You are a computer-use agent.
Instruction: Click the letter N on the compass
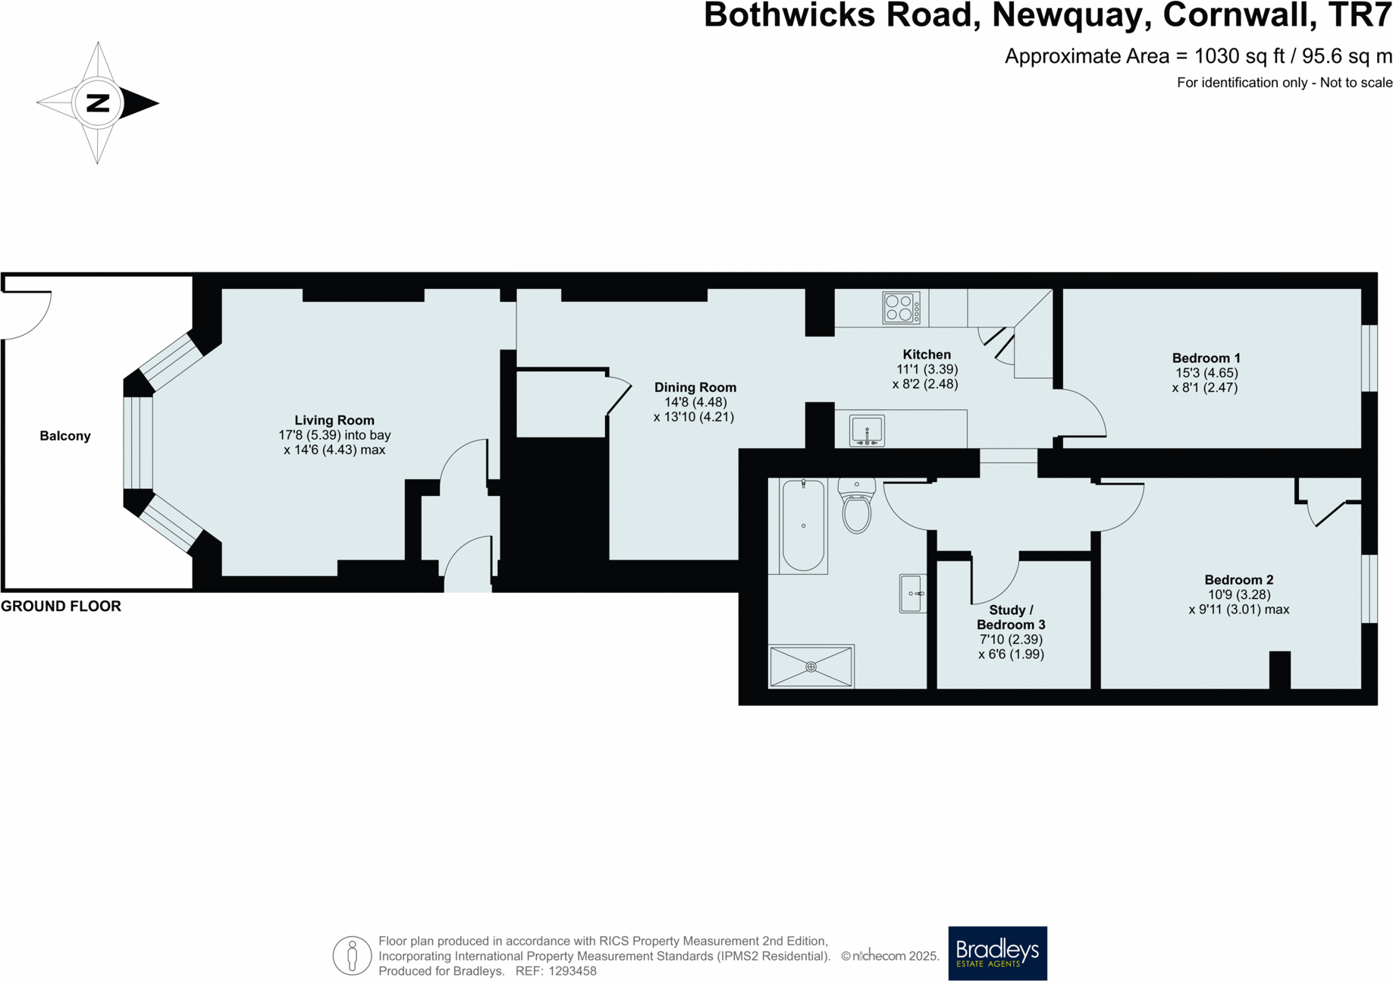click(98, 103)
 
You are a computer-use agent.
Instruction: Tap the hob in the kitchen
click(901, 308)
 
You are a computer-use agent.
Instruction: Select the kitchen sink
click(867, 431)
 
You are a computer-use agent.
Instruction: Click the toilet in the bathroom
click(857, 507)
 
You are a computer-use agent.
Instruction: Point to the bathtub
click(803, 525)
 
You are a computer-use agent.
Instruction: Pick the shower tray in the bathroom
click(811, 666)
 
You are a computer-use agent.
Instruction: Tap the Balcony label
click(65, 436)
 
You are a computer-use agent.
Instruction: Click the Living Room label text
click(334, 420)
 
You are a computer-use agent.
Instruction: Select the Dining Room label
click(695, 387)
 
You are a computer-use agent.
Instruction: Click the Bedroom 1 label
click(1206, 358)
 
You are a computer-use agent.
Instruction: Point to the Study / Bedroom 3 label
click(1011, 617)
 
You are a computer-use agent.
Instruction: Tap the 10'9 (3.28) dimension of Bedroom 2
click(1238, 595)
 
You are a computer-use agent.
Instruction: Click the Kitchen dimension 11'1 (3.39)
click(927, 369)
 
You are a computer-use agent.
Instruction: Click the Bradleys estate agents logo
click(997, 953)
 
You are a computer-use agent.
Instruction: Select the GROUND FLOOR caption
click(61, 606)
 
